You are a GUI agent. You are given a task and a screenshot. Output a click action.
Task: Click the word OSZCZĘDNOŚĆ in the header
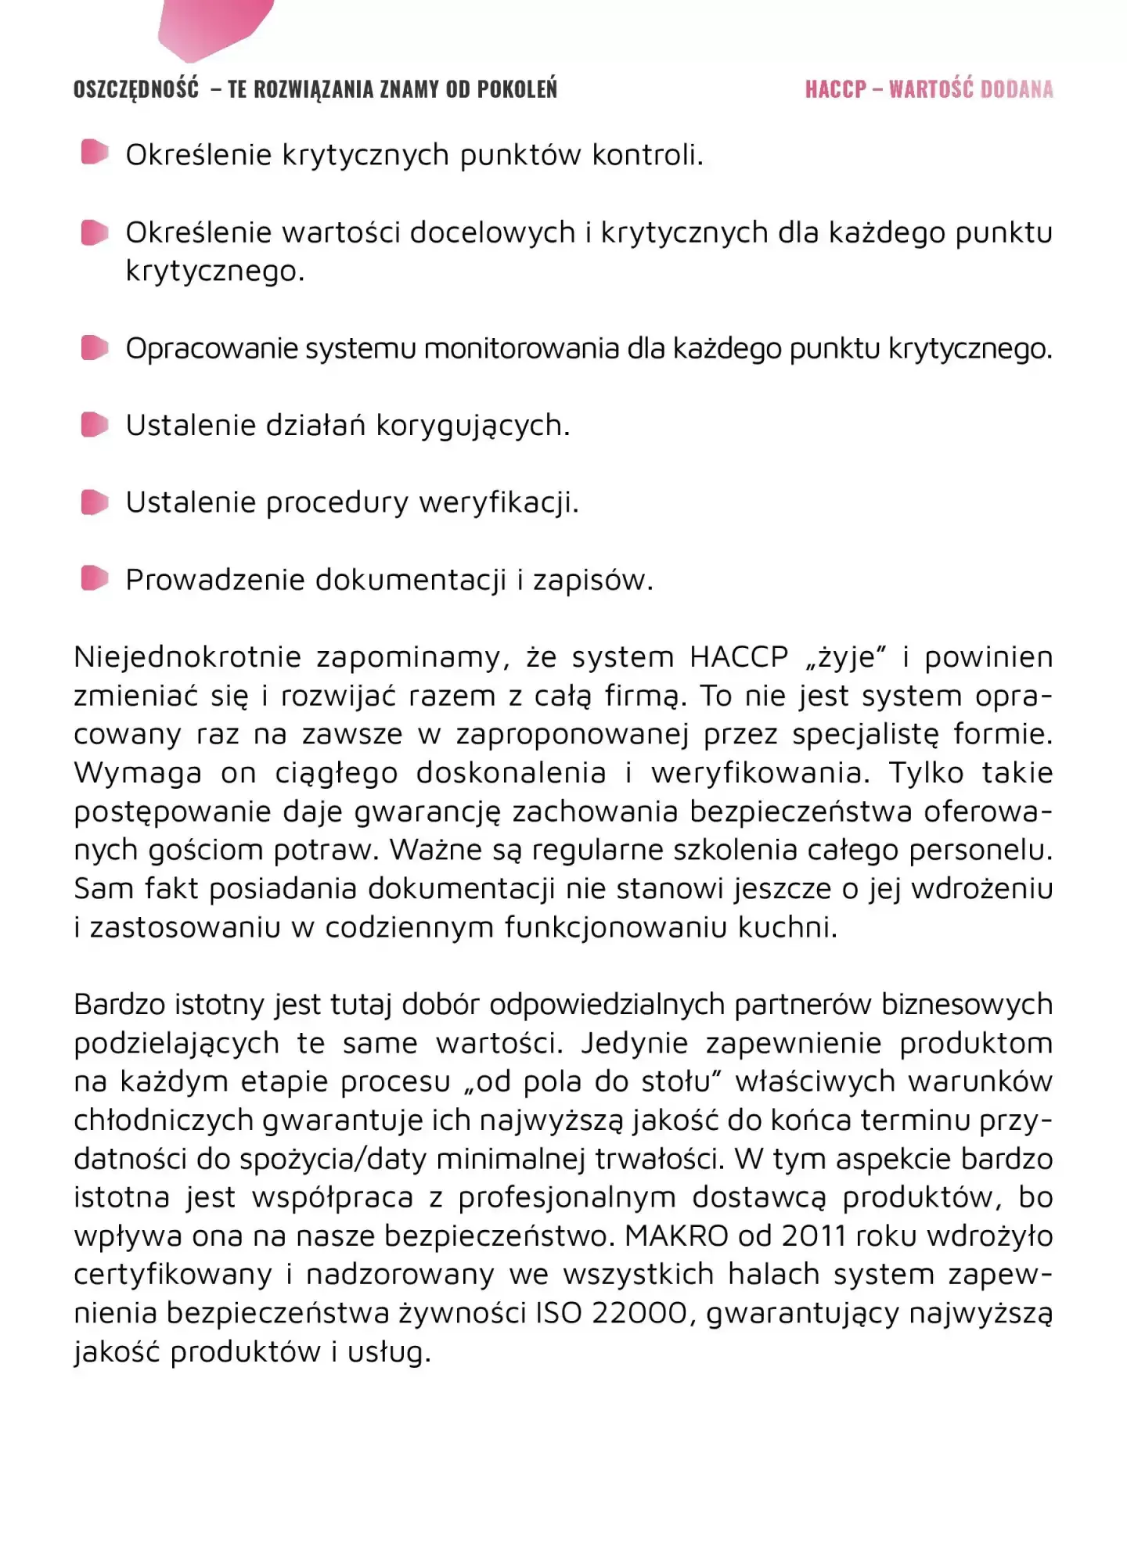tap(136, 89)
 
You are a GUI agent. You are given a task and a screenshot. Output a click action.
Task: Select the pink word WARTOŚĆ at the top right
tap(931, 89)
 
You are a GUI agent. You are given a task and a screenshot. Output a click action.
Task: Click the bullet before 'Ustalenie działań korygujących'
tap(95, 425)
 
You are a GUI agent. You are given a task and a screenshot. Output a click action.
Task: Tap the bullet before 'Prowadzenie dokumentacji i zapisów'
tap(95, 579)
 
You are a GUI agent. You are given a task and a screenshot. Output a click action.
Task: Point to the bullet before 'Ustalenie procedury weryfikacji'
tap(95, 502)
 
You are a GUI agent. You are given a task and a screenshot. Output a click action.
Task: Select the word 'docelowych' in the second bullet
tap(493, 232)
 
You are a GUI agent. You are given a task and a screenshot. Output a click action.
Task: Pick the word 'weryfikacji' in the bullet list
tap(499, 502)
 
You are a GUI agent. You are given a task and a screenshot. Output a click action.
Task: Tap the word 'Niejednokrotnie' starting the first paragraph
tap(187, 657)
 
